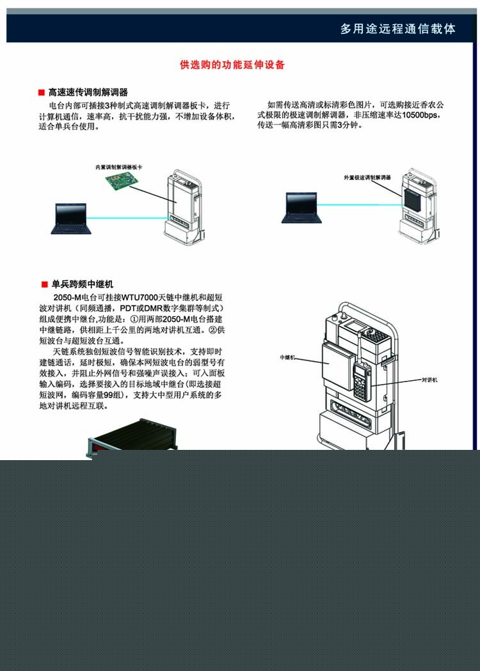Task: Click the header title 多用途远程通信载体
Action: [x=398, y=29]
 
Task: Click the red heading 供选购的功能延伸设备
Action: [x=233, y=65]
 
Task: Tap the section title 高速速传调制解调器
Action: [x=88, y=93]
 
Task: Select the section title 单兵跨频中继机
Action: [x=83, y=284]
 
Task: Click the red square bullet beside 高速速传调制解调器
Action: [x=42, y=93]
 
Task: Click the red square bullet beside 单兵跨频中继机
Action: [x=44, y=285]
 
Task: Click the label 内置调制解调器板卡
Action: [x=118, y=167]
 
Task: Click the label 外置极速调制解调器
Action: [x=367, y=177]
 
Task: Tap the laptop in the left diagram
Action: [x=70, y=219]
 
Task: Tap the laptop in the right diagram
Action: [x=301, y=208]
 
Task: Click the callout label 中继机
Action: [x=288, y=357]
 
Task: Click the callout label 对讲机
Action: [x=430, y=380]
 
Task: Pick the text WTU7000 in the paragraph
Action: [x=137, y=297]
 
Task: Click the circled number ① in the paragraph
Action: [x=134, y=320]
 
